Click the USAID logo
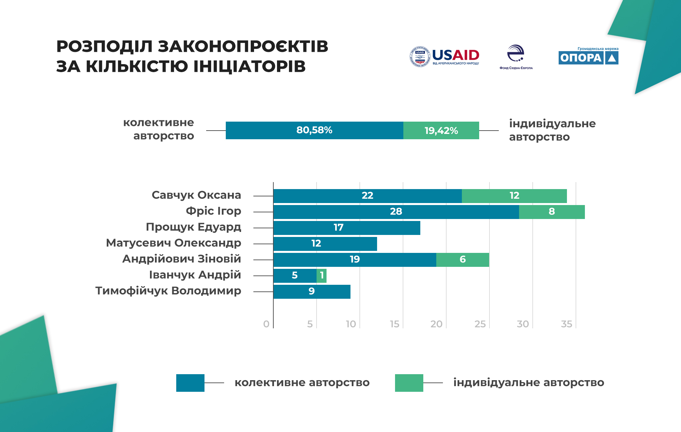444,56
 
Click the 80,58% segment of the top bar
314,130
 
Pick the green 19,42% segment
441,130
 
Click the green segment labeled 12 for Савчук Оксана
514,196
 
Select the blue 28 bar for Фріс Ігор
396,212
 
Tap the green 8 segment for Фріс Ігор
552,212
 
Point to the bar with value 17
346,228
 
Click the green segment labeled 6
463,260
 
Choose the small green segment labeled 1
322,275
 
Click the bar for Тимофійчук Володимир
312,291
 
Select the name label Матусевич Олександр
173,243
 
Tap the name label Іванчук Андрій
195,275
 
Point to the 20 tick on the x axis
436,324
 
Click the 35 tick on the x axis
566,324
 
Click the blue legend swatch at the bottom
190,383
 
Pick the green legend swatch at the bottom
409,383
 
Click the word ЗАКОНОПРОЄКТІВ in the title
243,46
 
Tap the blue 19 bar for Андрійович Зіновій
354,260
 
